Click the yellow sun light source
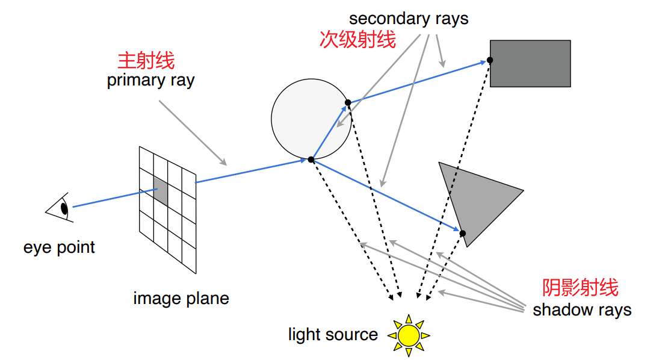pos(409,334)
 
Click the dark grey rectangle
pos(530,63)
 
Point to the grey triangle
pos(475,199)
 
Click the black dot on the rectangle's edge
pos(490,60)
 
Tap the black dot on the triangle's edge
pos(462,233)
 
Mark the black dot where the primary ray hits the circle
pos(311,160)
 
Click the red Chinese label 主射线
pos(146,61)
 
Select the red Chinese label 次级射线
pos(357,40)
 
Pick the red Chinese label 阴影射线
pos(580,288)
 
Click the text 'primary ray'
pos(150,80)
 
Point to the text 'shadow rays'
pos(581,310)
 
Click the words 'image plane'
pos(181,298)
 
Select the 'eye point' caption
pos(59,247)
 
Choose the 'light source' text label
pos(333,334)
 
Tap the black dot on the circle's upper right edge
pos(347,103)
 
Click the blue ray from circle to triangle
pos(385,196)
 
